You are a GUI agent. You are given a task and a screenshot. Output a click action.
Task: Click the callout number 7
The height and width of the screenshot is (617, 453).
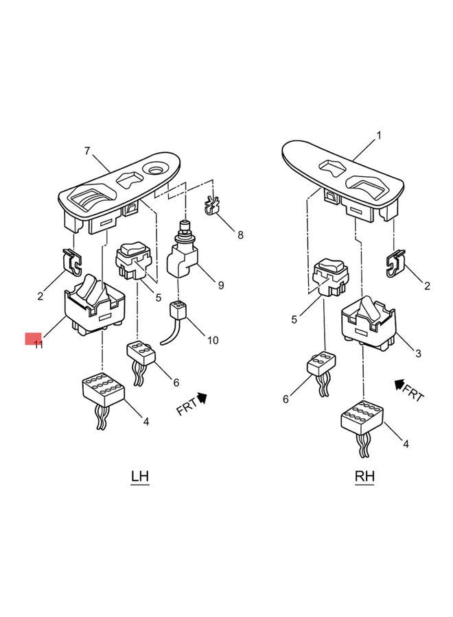pos(87,150)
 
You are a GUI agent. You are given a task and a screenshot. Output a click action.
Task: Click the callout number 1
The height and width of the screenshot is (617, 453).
pos(376,136)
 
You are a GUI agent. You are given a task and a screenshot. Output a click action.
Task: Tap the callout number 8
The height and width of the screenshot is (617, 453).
pos(240,235)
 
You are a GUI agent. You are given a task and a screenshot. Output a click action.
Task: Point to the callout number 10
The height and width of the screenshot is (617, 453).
pos(213,340)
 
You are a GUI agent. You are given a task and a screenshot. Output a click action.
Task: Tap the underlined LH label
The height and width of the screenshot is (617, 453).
pos(140,476)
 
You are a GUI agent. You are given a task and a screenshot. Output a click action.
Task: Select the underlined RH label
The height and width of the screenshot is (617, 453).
pos(364,476)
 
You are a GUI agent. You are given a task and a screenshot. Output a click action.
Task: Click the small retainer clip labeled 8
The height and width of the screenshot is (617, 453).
pos(213,206)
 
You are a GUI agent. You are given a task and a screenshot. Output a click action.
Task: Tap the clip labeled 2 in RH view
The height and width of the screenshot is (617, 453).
pos(395,264)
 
